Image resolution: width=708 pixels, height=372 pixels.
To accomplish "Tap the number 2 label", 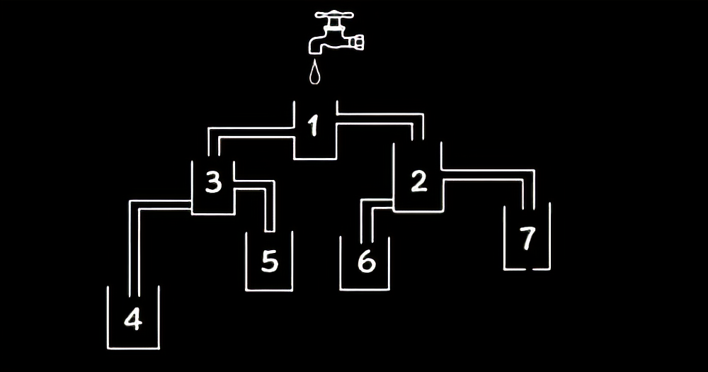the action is point(419,181).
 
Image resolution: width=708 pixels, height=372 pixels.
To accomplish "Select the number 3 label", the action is point(214,182).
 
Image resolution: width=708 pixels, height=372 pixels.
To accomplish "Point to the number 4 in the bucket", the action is point(133,320).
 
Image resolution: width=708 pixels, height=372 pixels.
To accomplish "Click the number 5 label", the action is point(270,261).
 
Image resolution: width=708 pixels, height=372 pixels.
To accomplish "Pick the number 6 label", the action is point(366,261).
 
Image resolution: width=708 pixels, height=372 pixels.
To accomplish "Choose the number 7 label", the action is point(527,238).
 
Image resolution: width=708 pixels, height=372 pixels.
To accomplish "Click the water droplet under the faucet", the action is point(315,74).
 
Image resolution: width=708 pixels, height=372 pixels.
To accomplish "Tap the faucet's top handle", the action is point(334,14).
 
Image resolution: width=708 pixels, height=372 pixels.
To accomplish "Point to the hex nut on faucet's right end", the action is point(359,42).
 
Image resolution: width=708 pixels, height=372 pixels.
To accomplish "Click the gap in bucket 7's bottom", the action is point(529,269).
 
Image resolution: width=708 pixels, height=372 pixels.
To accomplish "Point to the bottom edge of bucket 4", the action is point(133,348).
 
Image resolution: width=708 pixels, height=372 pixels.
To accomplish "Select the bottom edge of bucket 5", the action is point(269,291).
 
